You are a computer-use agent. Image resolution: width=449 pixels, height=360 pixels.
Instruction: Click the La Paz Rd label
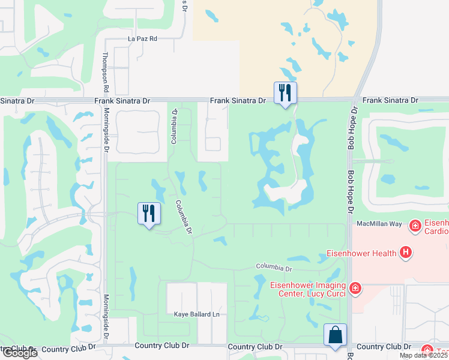pyautogui.click(x=142, y=38)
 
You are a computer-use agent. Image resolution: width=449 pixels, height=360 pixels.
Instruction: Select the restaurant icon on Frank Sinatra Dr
pyautogui.click(x=284, y=93)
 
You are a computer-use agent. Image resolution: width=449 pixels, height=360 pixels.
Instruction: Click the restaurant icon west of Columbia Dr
pyautogui.click(x=148, y=214)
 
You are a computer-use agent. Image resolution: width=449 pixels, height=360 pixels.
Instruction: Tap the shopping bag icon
pyautogui.click(x=335, y=335)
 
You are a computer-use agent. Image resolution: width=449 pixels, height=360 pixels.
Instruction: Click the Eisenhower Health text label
pyautogui.click(x=361, y=253)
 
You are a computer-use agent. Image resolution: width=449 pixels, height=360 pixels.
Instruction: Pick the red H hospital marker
pyautogui.click(x=406, y=253)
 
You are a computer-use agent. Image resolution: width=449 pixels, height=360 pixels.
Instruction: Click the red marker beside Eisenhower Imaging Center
pyautogui.click(x=355, y=289)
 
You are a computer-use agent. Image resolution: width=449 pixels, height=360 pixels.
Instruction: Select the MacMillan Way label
pyautogui.click(x=378, y=223)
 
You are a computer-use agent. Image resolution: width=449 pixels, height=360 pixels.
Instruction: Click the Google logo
pyautogui.click(x=19, y=353)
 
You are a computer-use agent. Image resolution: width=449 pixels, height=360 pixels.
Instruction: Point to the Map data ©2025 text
pyautogui.click(x=423, y=355)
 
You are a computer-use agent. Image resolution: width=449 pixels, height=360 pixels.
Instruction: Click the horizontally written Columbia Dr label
pyautogui.click(x=274, y=267)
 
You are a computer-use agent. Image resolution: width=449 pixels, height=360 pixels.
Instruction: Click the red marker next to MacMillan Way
pyautogui.click(x=414, y=226)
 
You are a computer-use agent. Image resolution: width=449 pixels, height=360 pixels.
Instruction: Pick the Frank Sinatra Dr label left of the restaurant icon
pyautogui.click(x=237, y=101)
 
